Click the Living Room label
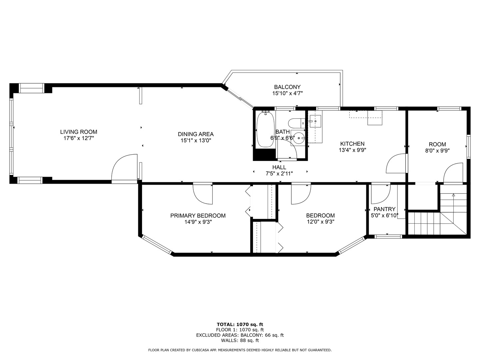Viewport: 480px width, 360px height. pyautogui.click(x=79, y=132)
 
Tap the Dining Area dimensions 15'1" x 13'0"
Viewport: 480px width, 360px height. pyautogui.click(x=196, y=141)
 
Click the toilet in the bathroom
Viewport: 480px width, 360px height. pyautogui.click(x=296, y=123)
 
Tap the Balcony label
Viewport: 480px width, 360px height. pyautogui.click(x=287, y=87)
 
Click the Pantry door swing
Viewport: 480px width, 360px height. pyautogui.click(x=380, y=194)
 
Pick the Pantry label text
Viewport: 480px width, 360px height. pyautogui.click(x=384, y=209)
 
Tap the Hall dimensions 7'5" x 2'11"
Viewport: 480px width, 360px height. pyautogui.click(x=279, y=173)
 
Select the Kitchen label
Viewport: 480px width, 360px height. pyautogui.click(x=352, y=144)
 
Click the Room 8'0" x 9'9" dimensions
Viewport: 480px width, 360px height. pyautogui.click(x=437, y=151)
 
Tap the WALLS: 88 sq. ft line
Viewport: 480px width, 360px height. pyautogui.click(x=240, y=341)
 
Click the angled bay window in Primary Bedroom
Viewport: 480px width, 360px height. pyautogui.click(x=157, y=245)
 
